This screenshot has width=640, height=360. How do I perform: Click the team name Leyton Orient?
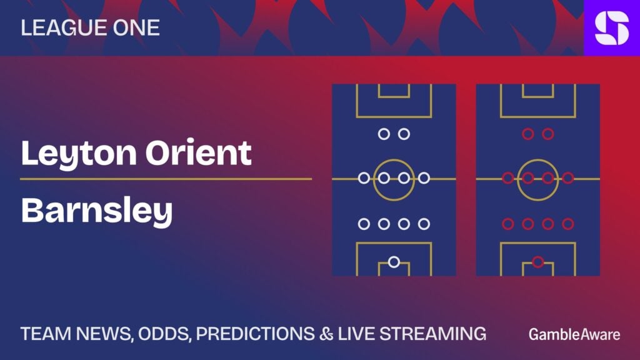point(136,154)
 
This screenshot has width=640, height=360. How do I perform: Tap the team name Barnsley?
point(97,211)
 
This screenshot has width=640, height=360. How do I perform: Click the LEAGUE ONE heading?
point(90,27)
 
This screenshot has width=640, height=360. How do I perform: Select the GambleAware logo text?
point(574,334)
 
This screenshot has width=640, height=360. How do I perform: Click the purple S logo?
point(612,27)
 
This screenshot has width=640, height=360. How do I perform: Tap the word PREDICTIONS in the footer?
point(255,334)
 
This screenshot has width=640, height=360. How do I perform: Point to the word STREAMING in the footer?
point(433,334)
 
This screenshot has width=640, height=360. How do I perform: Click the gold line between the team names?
point(166,179)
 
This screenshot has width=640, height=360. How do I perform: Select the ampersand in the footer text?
point(326,334)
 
